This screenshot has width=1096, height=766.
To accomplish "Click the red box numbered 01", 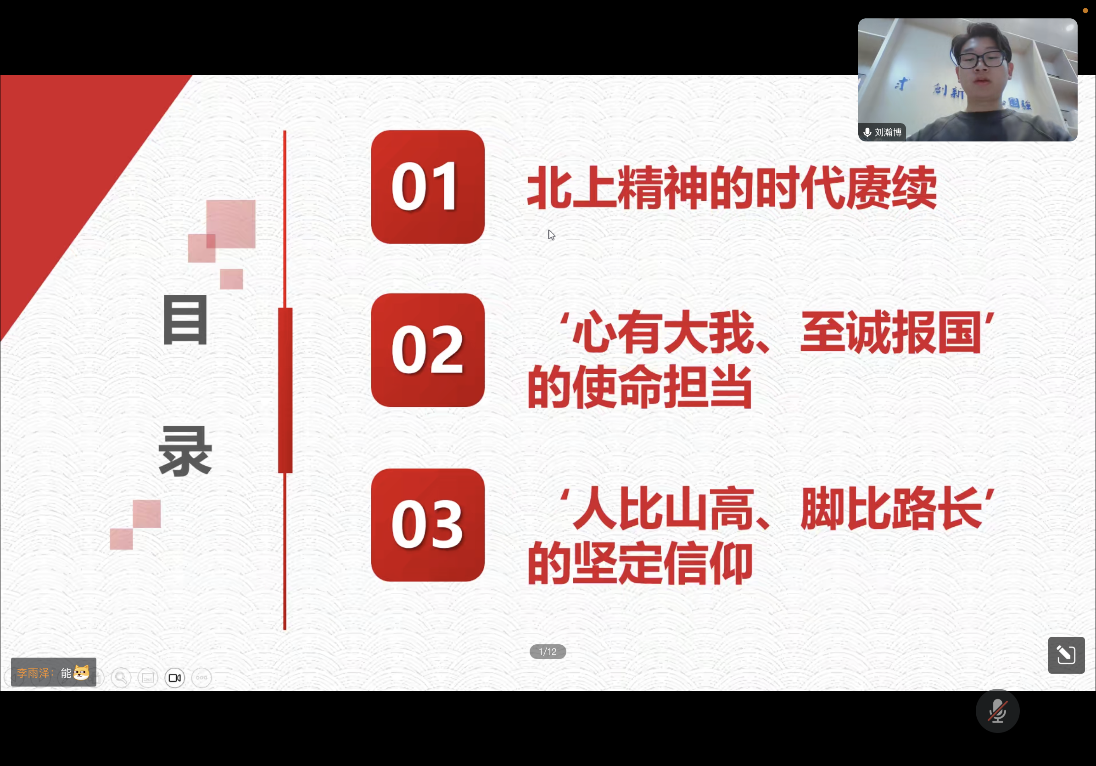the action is (428, 187).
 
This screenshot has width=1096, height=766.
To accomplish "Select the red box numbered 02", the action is (428, 350).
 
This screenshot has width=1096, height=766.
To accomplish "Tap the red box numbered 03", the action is (428, 525).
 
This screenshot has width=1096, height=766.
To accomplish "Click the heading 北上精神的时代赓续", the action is (732, 188).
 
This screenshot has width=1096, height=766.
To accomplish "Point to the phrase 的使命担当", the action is (640, 386).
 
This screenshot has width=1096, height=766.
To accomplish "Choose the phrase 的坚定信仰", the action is (640, 563).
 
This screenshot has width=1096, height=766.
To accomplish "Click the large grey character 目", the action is (185, 320).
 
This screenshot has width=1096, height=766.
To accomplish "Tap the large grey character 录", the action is (185, 451).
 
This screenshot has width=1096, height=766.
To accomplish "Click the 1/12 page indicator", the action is (548, 651).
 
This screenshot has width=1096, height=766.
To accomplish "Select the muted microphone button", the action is (998, 711).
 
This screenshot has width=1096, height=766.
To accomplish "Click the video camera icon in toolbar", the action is (175, 678).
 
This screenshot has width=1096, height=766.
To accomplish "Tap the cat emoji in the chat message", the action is (81, 672).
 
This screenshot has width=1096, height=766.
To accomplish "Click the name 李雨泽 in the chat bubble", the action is (33, 673).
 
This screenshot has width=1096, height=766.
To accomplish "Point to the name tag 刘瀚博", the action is (888, 132).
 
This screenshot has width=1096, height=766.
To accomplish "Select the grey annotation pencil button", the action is (1067, 655).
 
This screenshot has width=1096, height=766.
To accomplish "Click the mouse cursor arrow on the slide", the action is (551, 235).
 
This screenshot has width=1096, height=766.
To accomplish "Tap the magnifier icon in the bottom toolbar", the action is (121, 678).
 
